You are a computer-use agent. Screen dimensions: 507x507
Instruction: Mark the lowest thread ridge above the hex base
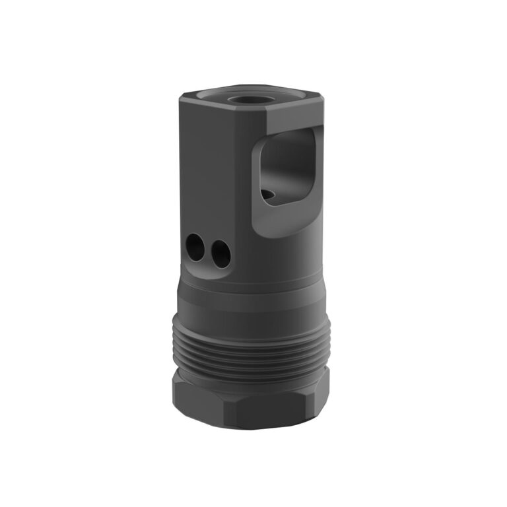[x=251, y=372]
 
